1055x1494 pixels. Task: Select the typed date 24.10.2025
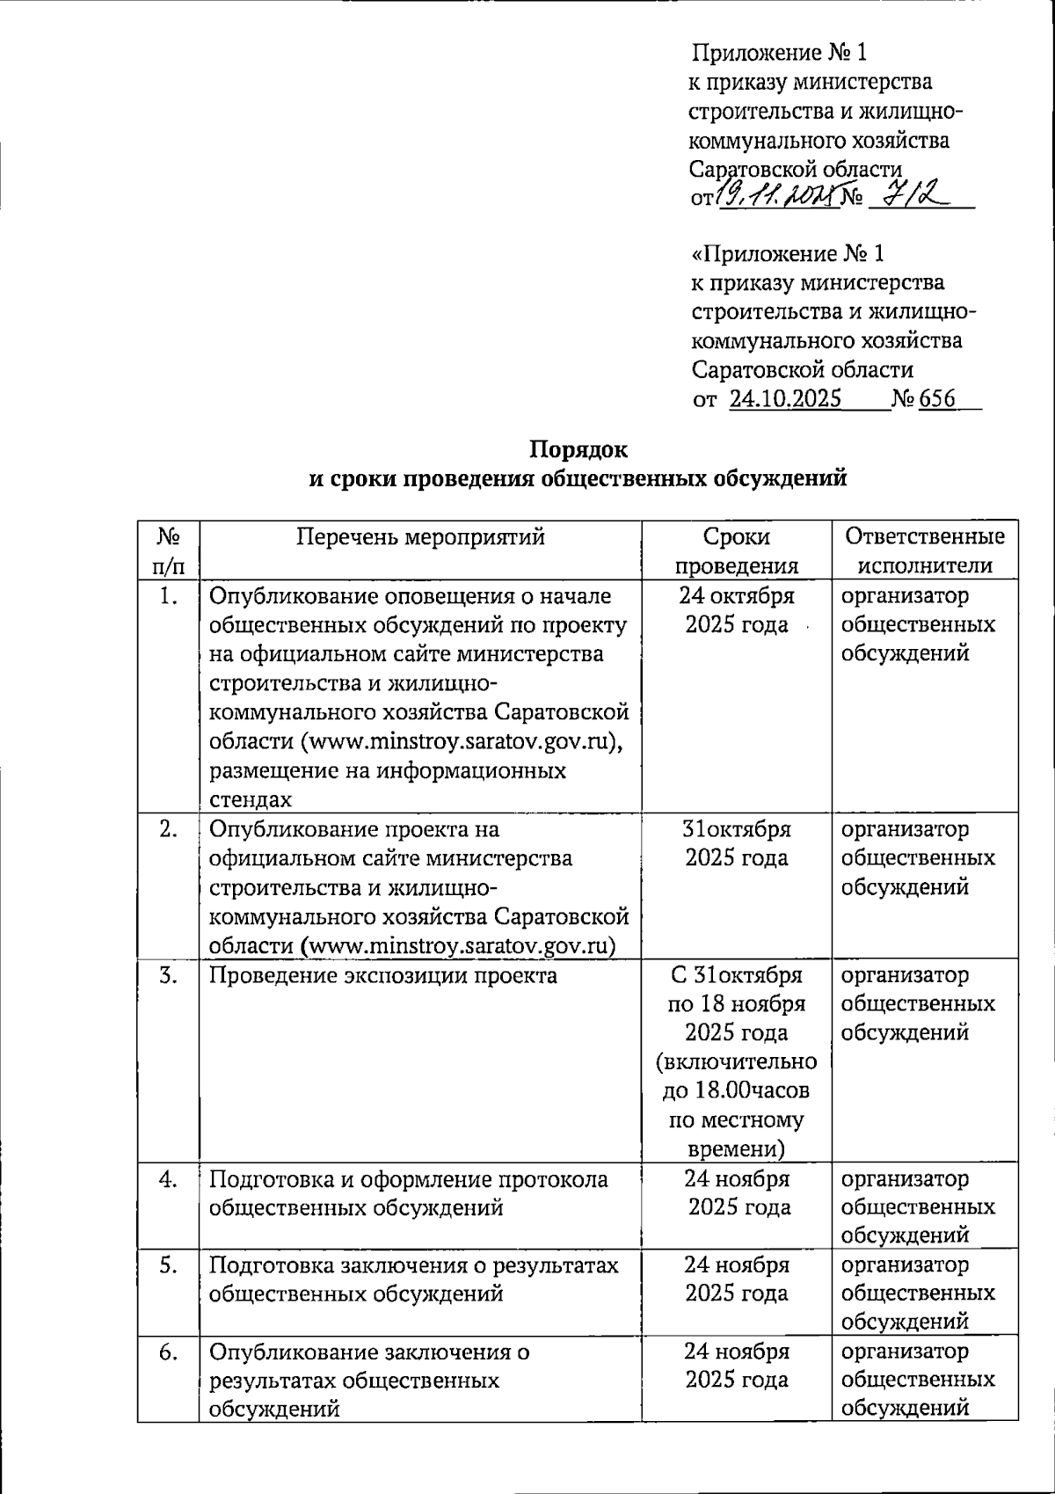pos(785,399)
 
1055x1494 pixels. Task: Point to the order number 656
pos(937,399)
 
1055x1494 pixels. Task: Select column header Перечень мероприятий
pos(420,536)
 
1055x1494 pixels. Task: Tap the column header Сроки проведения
pos(737,550)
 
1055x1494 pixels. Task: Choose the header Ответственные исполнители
pos(923,550)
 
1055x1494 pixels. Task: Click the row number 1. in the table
pos(169,596)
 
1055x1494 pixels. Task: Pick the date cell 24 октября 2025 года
pos(737,610)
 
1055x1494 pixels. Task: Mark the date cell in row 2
pos(737,843)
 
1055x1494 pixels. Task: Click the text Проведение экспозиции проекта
pos(383,975)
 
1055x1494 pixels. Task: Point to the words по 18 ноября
pos(737,1004)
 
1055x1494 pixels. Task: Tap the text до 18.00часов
pos(737,1091)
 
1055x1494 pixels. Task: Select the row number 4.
pos(169,1179)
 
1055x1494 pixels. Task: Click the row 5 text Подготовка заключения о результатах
pos(413,1265)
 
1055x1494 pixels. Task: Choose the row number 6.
pos(169,1352)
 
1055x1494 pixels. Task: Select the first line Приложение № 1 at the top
pos(780,53)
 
